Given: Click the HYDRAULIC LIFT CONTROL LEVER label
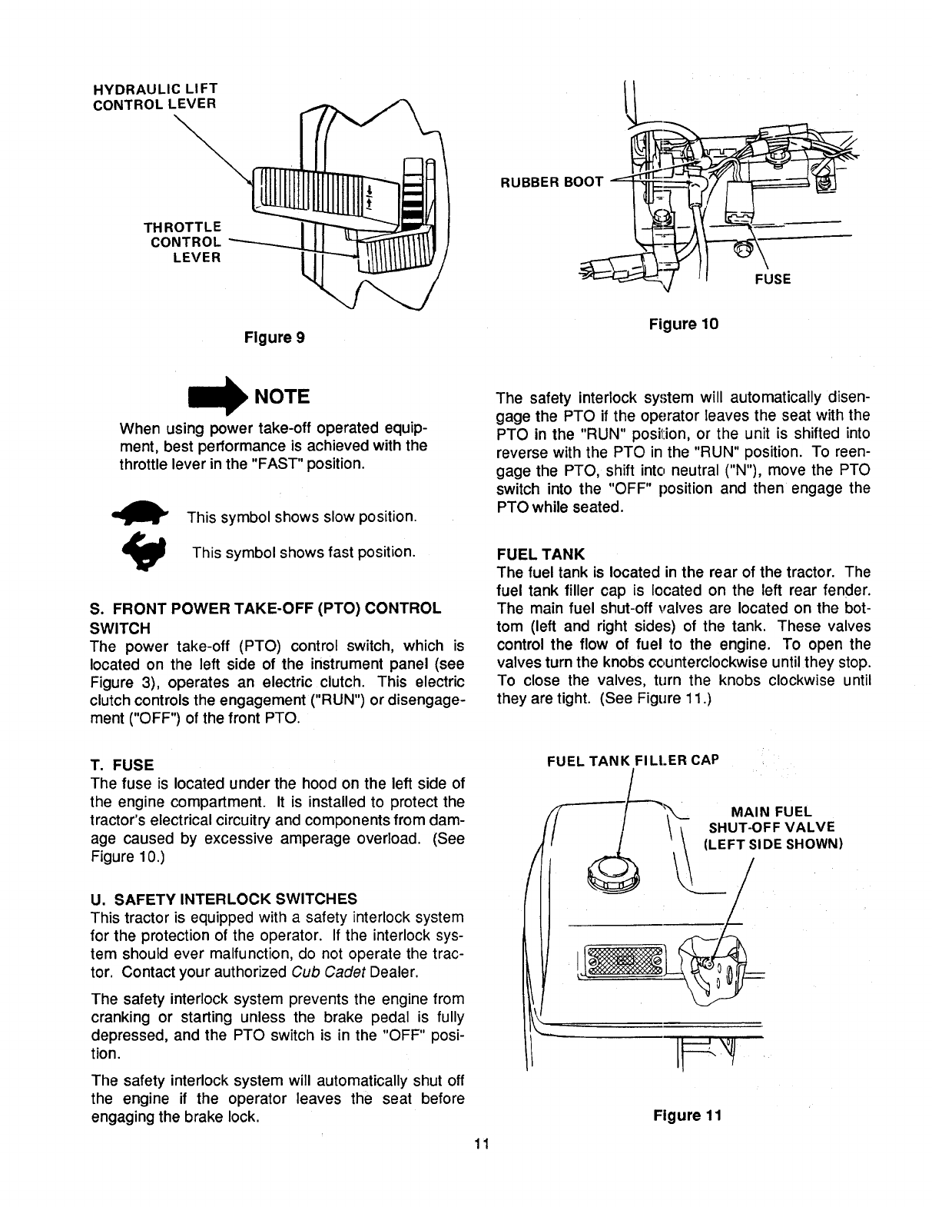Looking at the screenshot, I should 154,95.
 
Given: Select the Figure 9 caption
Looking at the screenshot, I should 274,337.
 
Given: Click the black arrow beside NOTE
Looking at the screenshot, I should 216,397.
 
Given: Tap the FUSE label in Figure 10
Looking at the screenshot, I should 774,279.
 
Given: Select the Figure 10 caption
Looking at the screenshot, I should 683,324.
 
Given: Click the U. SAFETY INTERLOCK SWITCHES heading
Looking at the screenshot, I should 224,898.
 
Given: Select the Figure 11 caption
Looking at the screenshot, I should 688,1116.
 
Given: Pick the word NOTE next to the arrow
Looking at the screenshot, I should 281,397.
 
